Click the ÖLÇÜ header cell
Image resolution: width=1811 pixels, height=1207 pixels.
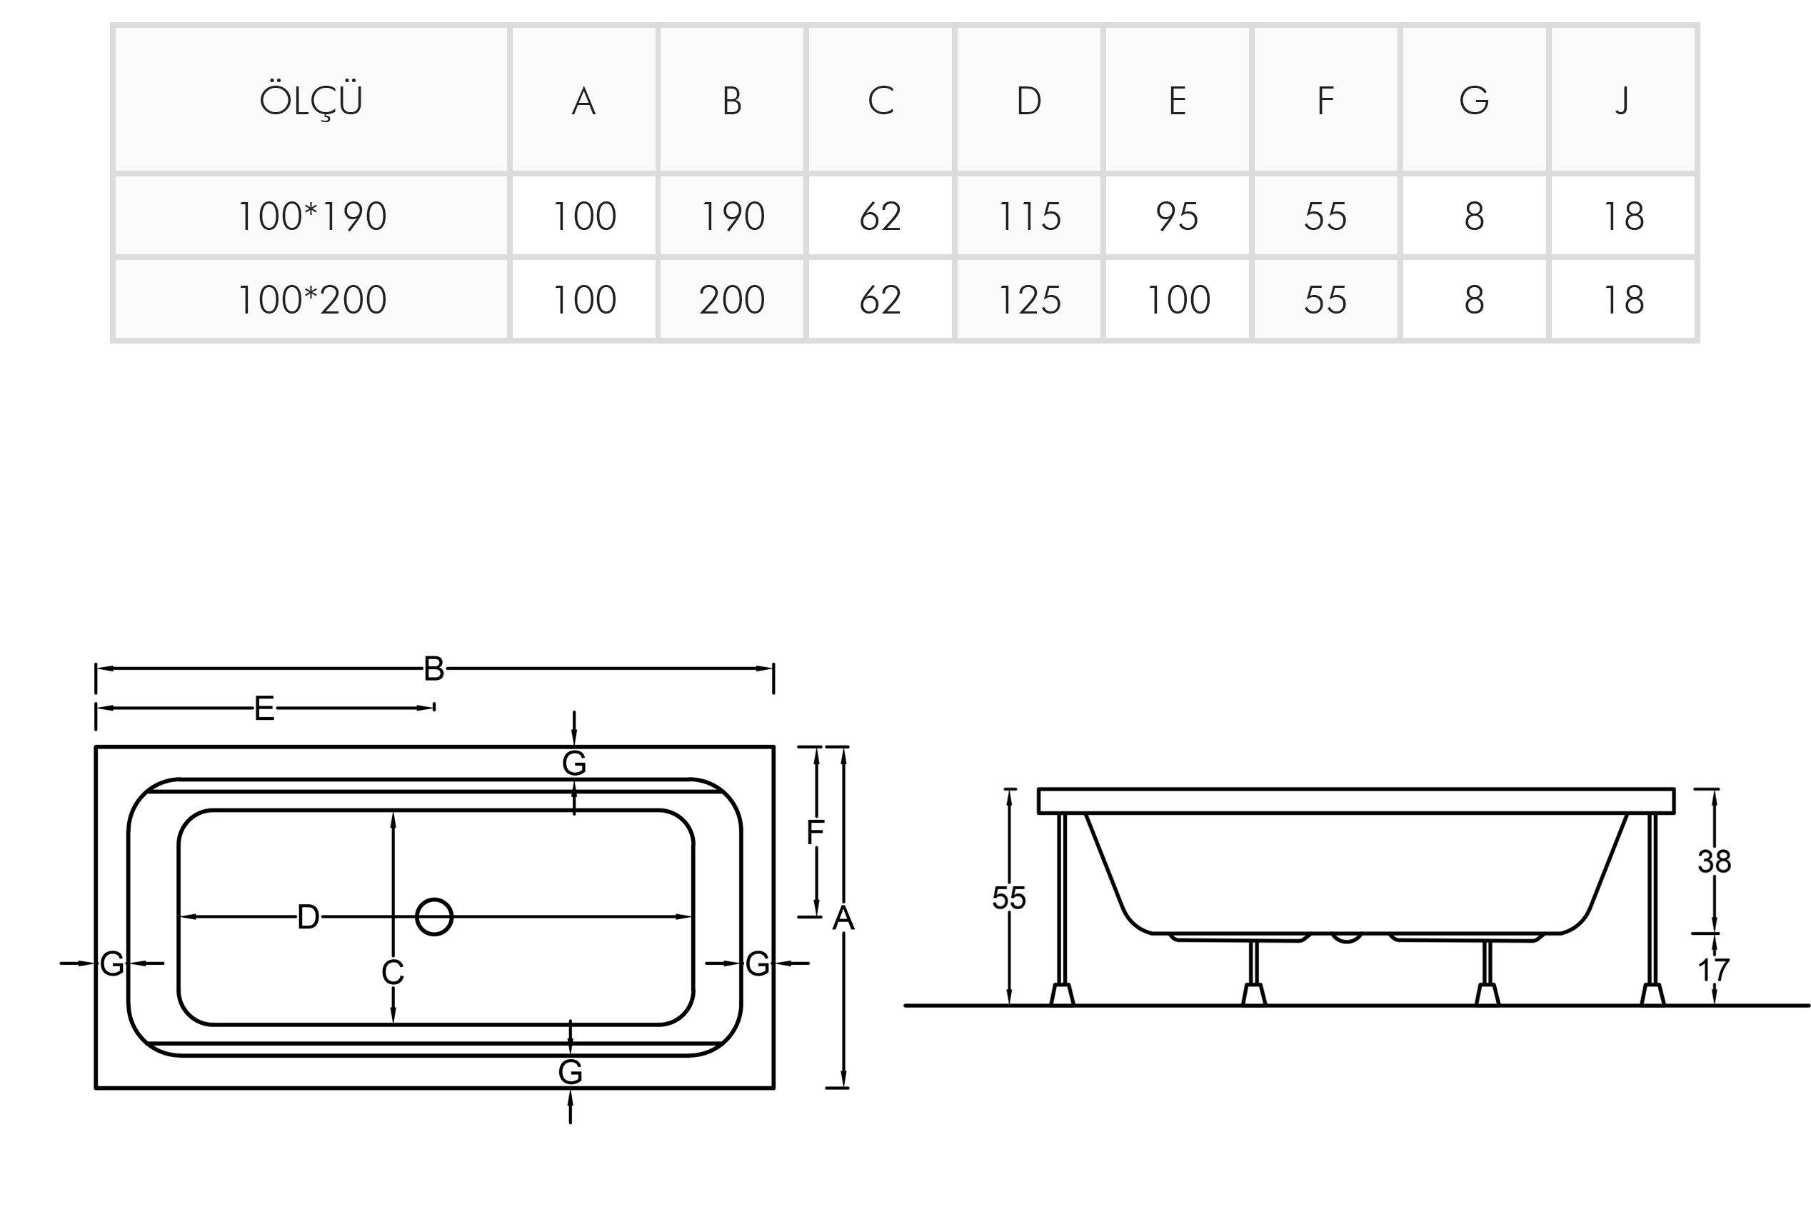point(311,100)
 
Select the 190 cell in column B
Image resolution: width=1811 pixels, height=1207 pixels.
point(732,216)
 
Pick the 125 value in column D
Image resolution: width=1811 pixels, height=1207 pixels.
point(1029,299)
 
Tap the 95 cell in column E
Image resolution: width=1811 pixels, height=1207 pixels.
point(1177,216)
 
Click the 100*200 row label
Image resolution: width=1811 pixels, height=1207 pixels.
point(311,299)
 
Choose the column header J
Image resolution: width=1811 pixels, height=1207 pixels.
point(1622,100)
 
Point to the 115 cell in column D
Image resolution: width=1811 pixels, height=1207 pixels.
point(1029,216)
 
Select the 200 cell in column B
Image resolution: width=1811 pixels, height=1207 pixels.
point(732,299)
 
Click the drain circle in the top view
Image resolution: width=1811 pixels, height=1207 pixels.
point(434,917)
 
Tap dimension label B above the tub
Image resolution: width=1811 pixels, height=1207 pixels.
point(434,669)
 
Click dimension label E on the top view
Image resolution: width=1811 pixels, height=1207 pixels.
point(264,708)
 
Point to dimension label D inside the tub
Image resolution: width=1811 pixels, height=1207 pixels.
point(308,917)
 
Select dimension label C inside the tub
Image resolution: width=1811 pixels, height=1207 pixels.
point(393,972)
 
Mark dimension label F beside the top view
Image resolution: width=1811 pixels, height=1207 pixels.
point(815,832)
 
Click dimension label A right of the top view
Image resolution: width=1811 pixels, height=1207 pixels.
point(843,918)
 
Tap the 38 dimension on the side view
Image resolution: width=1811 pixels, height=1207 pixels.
point(1714,861)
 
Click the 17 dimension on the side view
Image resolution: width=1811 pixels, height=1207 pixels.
point(1714,970)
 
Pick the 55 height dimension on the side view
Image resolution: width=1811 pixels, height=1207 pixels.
point(1008,898)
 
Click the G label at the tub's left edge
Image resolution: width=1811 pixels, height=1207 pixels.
point(112,963)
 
